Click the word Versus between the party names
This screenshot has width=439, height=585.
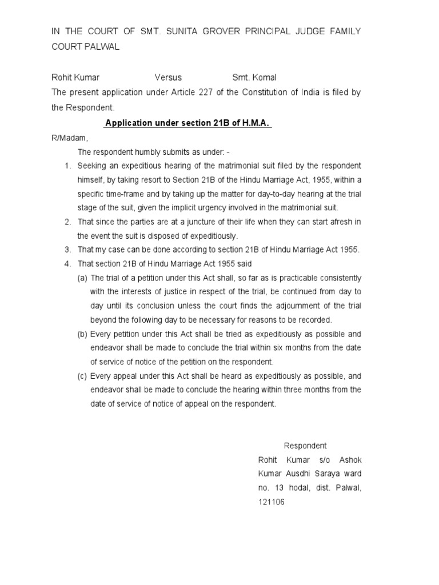tap(168, 78)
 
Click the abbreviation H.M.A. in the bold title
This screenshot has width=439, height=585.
tap(256, 123)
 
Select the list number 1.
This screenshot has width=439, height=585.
tap(67, 166)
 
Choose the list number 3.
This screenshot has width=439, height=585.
tap(67, 250)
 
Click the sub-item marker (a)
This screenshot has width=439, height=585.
tap(83, 278)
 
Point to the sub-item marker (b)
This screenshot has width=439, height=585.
tap(83, 334)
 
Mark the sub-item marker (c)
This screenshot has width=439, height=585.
tap(83, 376)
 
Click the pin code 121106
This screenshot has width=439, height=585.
tap(272, 502)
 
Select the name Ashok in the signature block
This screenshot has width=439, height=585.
tap(350, 460)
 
